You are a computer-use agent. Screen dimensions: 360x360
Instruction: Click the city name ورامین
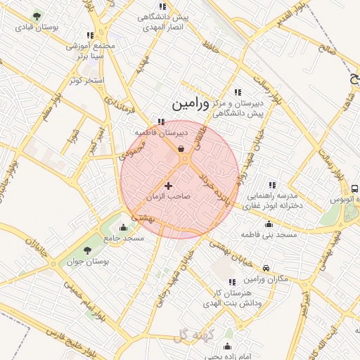tap(190, 103)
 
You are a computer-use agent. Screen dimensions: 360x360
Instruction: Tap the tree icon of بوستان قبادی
tap(37, 15)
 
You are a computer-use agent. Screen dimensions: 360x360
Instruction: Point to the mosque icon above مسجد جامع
tap(124, 227)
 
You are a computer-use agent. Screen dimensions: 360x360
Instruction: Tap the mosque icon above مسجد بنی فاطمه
tap(269, 224)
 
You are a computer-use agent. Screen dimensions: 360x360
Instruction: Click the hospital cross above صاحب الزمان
tap(167, 186)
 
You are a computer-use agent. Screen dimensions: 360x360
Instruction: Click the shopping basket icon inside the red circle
tap(181, 148)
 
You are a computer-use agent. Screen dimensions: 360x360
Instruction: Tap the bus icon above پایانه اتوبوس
tap(354, 188)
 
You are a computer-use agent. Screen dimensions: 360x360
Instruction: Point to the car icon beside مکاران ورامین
tap(266, 268)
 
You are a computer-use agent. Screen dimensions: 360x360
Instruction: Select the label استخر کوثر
tap(86, 80)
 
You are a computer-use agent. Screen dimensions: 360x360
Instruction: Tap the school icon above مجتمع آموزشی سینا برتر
tap(89, 34)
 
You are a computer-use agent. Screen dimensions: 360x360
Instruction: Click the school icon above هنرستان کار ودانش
tap(232, 282)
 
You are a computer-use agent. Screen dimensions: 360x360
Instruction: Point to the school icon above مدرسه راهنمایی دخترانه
tap(271, 185)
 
